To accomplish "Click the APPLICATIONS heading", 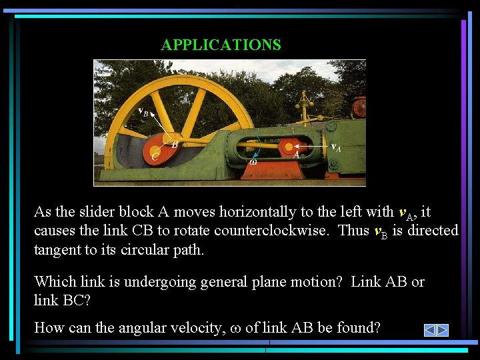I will tap(221, 45).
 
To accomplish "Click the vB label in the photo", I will tap(143, 113).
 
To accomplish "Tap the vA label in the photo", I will tap(336, 147).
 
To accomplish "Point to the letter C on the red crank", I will tap(155, 157).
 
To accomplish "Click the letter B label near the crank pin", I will tap(175, 144).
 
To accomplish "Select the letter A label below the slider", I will tap(295, 154).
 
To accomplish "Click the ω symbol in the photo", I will tap(253, 161).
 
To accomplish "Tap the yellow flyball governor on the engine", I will tap(306, 104).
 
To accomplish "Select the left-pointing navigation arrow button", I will tap(430, 330).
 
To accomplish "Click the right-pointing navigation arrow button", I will tap(443, 330).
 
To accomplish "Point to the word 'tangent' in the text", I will tap(57, 251).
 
